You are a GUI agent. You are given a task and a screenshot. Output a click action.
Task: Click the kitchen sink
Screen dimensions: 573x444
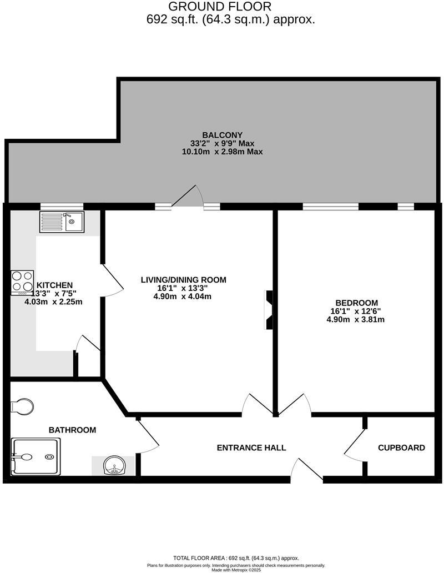62,222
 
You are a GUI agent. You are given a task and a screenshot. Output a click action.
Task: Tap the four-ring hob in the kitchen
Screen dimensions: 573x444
22,282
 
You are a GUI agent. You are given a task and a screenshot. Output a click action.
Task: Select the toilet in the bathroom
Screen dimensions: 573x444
21,406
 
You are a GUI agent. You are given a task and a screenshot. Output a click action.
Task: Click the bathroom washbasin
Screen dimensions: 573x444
114,465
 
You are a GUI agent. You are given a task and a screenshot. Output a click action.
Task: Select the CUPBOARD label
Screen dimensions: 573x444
401,448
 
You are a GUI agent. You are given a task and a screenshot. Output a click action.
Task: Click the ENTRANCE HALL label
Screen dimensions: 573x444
251,448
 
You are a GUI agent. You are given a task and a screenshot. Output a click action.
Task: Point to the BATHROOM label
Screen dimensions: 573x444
72,430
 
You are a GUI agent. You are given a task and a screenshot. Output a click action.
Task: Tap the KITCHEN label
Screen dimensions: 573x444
54,285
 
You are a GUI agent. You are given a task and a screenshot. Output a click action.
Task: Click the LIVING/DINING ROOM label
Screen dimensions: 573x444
183,280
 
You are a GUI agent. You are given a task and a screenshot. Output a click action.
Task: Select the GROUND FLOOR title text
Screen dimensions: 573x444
220,7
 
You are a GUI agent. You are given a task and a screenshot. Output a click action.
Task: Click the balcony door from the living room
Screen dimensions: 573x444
187,197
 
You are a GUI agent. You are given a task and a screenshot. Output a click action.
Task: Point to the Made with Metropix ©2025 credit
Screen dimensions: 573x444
236,570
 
